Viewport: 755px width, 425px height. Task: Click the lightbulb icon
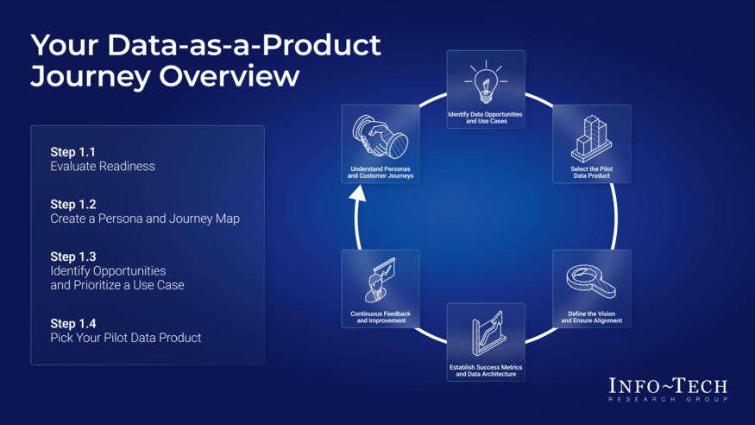click(485, 81)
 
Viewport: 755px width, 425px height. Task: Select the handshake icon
click(380, 137)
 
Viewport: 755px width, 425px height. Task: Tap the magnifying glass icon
click(591, 282)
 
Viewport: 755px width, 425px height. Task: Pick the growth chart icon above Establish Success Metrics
click(485, 335)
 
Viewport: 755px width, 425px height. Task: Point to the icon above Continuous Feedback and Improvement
click(380, 278)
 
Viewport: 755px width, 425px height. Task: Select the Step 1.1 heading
click(72, 152)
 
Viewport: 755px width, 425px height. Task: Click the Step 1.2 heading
click(72, 205)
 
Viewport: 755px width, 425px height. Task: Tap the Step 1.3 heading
click(72, 257)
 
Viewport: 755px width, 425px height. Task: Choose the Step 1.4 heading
click(72, 323)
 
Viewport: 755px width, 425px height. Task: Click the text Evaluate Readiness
click(103, 166)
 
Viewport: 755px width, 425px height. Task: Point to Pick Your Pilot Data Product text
click(125, 338)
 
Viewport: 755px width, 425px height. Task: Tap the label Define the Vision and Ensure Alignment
click(591, 317)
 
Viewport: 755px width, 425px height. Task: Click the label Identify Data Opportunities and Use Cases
click(485, 117)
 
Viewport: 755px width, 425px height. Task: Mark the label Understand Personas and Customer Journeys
click(380, 172)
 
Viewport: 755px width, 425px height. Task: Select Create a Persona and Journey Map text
click(144, 219)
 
